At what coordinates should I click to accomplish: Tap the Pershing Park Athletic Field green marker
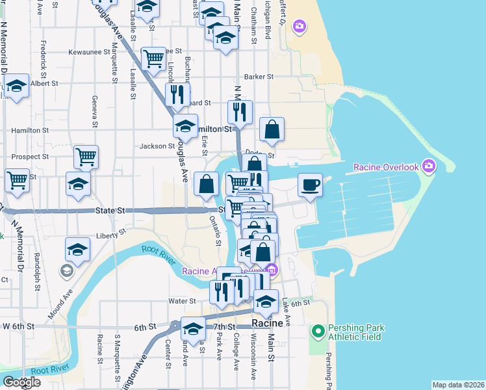(318, 332)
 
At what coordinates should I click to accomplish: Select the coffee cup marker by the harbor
(310, 185)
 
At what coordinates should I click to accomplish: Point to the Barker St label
(259, 77)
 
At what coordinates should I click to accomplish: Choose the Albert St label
(44, 84)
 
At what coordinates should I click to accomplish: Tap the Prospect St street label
(31, 157)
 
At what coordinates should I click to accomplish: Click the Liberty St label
(109, 235)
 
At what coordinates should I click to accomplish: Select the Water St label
(182, 301)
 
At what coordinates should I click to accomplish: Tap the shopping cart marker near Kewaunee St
(153, 58)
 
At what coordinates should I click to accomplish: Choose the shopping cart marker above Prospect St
(85, 156)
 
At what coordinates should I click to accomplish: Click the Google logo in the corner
(21, 382)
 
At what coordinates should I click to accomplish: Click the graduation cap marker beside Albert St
(16, 86)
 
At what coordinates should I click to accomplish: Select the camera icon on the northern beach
(300, 26)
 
